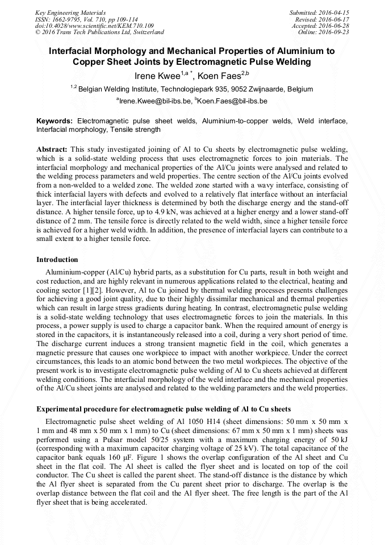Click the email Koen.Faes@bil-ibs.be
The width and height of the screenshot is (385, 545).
tap(233, 101)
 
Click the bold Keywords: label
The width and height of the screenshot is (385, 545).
tap(55, 121)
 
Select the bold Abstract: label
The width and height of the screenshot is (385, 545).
tap(52, 149)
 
